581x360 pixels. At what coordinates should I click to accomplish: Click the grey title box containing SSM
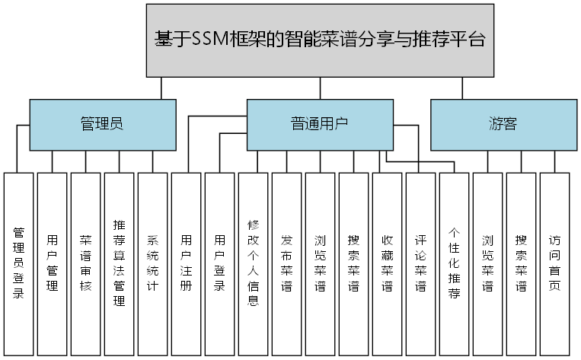coord(320,40)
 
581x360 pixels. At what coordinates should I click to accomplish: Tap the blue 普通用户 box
coord(320,125)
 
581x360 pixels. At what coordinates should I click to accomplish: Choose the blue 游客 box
coord(503,125)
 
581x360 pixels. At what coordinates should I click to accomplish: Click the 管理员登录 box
coord(19,263)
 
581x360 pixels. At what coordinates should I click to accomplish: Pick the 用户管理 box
coord(53,263)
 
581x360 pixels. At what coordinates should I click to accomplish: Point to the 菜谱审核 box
coord(86,263)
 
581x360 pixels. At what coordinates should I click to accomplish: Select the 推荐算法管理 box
coord(120,263)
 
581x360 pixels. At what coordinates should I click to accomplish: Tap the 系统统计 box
coord(153,263)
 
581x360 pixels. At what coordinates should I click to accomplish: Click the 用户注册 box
coord(187,263)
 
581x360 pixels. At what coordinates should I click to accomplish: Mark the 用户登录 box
coord(220,263)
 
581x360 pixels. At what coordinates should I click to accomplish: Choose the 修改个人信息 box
coord(254,263)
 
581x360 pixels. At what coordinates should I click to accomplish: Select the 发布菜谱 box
coord(287,263)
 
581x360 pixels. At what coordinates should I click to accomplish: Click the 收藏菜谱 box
coord(388,263)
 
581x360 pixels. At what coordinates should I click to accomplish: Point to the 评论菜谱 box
coord(421,263)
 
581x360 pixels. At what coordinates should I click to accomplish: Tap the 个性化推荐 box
coord(455,263)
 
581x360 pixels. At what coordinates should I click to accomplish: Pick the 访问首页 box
coord(555,263)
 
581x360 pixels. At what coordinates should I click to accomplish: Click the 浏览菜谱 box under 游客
coord(488,263)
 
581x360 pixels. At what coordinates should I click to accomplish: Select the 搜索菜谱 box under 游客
coord(522,263)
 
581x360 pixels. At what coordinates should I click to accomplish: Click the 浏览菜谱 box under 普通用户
coord(321,263)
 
